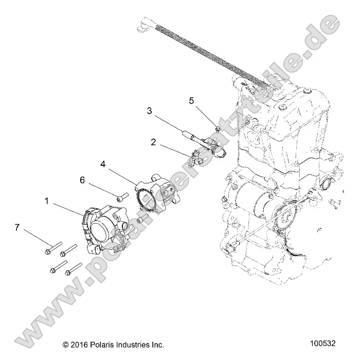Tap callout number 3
coord(150,111)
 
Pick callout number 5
coord(192,100)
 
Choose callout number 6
coord(81,180)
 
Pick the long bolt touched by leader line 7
coord(53,247)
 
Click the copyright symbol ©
coord(65,345)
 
